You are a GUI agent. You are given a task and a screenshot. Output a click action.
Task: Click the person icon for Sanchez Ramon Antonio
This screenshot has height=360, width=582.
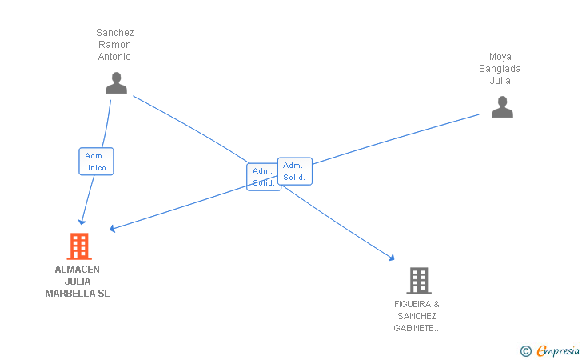point(116,83)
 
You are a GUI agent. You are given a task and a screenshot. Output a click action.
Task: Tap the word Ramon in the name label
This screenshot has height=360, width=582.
point(115,45)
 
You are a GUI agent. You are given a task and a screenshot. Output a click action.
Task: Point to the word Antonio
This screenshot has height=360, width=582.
point(115,57)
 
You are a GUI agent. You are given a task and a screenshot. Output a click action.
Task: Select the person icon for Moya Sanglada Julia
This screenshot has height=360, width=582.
point(501,107)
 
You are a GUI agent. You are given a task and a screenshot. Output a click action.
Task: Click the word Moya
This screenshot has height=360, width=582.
point(500,57)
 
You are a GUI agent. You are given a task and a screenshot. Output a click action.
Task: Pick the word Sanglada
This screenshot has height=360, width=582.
point(500,69)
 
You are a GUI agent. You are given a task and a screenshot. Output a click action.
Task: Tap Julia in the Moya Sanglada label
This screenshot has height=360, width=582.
point(500,81)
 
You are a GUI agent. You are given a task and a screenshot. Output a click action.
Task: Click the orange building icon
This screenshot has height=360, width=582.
point(78,246)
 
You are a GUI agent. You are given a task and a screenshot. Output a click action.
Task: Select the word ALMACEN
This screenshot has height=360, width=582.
point(78,270)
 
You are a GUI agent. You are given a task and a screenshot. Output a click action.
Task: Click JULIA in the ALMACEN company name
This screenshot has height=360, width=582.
point(78,282)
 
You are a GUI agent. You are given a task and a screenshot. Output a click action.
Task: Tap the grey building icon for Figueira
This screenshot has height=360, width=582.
point(418,281)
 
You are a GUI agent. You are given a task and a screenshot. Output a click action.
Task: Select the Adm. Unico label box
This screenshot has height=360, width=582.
point(96,162)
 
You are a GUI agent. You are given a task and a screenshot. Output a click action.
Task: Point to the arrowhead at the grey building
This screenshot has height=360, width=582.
point(392,258)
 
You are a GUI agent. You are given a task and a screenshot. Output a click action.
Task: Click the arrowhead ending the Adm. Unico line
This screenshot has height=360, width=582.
point(81,221)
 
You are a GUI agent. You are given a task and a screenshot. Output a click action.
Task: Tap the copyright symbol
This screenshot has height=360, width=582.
point(525,350)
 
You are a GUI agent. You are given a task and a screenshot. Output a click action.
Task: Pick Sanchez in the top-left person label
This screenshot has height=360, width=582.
point(115,33)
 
